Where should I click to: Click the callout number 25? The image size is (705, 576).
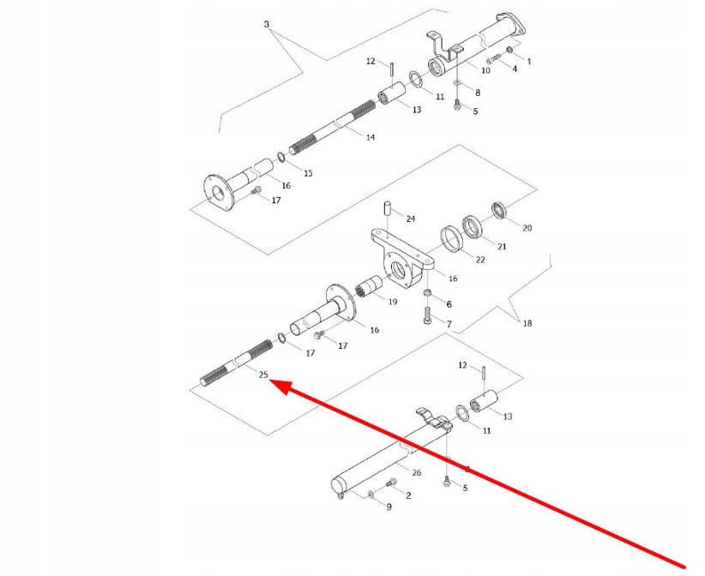263,375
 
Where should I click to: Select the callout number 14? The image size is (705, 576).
371,137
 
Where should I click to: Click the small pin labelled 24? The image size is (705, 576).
387,207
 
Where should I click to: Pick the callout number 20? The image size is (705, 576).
527,228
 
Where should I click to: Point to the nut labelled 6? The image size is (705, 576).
426,296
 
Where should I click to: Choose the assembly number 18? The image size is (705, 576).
527,323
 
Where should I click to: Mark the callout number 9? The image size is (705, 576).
389,507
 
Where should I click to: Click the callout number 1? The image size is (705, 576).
529,61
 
